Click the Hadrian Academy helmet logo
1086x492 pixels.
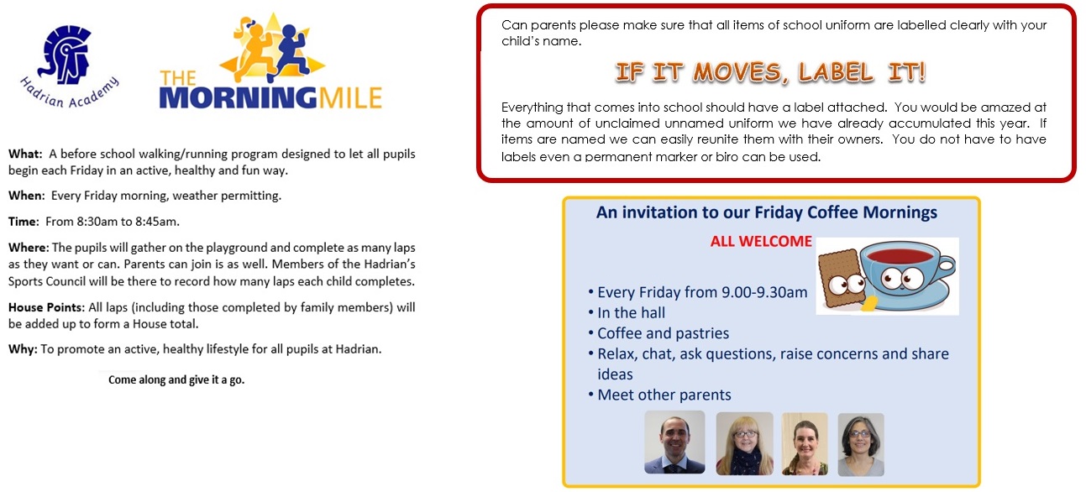click(66, 55)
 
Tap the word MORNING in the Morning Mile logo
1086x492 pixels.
click(239, 98)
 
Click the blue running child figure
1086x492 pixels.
click(290, 51)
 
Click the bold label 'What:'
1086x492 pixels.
click(26, 154)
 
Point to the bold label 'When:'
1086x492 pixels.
click(27, 196)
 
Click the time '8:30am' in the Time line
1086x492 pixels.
click(97, 222)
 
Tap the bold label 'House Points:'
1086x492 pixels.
click(46, 308)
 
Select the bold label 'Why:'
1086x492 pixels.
click(23, 349)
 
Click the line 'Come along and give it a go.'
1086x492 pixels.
click(176, 379)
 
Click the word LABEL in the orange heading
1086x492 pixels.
click(836, 72)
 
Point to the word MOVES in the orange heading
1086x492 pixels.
click(740, 73)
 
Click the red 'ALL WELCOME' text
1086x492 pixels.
click(761, 242)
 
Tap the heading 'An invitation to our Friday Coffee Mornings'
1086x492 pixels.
click(767, 212)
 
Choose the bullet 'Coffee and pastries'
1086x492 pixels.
click(663, 333)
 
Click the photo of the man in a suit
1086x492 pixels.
click(674, 442)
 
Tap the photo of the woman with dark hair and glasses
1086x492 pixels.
click(861, 444)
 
